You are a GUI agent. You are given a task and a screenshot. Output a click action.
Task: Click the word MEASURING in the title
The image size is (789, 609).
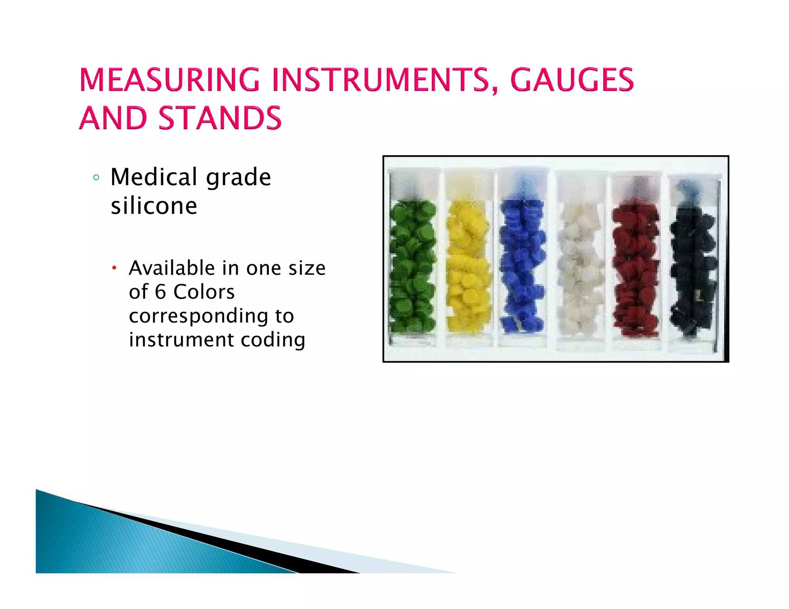(x=170, y=80)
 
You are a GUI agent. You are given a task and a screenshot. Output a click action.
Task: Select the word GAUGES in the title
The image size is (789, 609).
(x=572, y=80)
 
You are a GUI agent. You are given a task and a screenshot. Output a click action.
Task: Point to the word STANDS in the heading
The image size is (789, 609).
(x=220, y=118)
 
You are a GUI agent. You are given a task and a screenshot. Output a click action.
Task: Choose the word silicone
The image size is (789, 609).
(x=154, y=206)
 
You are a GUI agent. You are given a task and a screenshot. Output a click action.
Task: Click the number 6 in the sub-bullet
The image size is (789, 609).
(x=160, y=292)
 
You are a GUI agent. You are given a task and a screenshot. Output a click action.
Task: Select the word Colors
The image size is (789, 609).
(x=204, y=292)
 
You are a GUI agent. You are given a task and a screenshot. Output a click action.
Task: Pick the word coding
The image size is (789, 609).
(x=273, y=340)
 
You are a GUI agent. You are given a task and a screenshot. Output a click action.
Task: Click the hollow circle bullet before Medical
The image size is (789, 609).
(x=96, y=177)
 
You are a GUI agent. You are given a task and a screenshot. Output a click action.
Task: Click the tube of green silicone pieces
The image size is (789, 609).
(x=413, y=262)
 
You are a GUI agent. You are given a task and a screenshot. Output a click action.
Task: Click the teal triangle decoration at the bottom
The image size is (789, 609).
(x=116, y=543)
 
